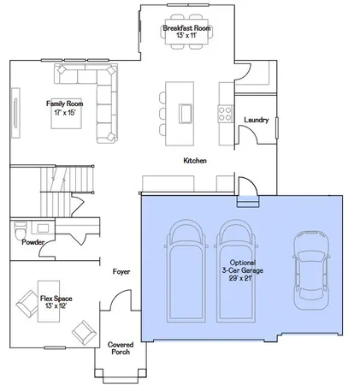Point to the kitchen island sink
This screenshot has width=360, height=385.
point(185,113)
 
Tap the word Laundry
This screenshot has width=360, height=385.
point(257,121)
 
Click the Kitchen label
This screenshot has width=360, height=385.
point(197,161)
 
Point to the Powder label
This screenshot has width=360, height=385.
point(33,242)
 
